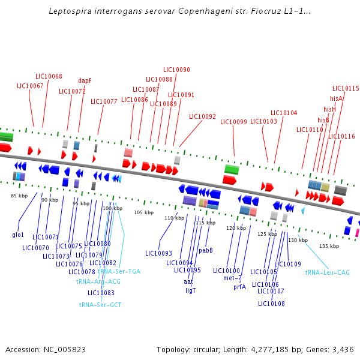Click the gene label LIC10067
pos(30,86)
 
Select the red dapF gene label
pos(85,80)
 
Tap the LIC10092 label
pos(202,116)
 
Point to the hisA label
pos(336,98)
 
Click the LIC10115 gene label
pos(346,88)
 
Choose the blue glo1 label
pos(18,235)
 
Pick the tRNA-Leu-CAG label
pos(328,272)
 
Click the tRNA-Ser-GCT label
pos(100,305)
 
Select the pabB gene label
pos(206,250)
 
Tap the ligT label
pos(191,290)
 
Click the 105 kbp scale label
pos(143,212)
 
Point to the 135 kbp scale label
pos(329,246)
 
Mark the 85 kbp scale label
pos(19,196)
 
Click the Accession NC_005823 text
pos(46,349)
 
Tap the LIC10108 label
pos(271,304)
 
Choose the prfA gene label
pos(239,287)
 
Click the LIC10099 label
pos(233,122)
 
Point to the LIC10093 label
pos(158,253)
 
